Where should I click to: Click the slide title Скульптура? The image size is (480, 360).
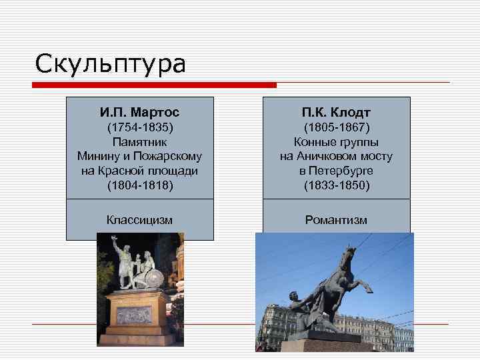111,64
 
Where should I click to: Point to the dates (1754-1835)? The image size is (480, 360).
139,127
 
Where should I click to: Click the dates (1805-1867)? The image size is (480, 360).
336,127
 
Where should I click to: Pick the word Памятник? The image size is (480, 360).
139,142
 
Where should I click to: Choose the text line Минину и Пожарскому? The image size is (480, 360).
139,156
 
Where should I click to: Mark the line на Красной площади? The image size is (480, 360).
139,171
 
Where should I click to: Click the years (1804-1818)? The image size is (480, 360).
139,185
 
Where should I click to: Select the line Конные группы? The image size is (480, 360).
336,142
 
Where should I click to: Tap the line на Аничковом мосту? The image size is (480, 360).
336,156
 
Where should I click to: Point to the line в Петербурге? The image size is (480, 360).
336,171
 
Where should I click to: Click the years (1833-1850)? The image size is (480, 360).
336,185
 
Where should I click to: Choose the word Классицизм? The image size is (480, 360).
139,219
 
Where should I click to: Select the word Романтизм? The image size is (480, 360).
336,219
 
